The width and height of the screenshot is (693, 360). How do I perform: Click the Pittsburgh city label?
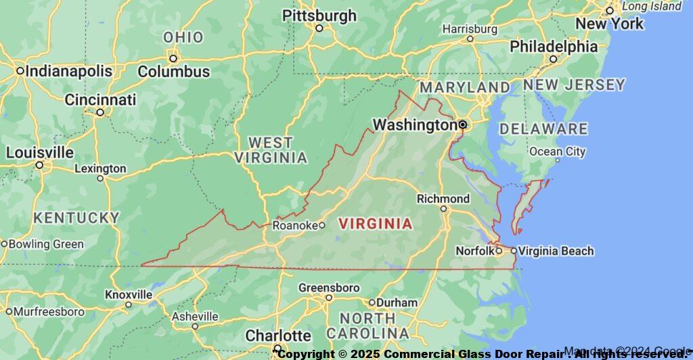pos(319,15)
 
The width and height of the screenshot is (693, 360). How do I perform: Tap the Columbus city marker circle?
pos(173,58)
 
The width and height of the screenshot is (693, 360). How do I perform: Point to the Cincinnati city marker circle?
pos(100,112)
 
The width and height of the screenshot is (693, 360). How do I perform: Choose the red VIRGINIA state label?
pos(375,223)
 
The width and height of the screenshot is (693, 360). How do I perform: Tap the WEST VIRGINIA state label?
pos(270,150)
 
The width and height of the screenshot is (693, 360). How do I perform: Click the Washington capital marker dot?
pos(463,125)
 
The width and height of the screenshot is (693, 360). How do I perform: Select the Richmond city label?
pos(443,198)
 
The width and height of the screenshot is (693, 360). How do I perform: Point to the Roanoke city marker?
pos(321,225)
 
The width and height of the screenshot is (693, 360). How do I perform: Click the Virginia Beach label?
pos(557,251)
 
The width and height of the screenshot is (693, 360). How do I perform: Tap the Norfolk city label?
pos(474,251)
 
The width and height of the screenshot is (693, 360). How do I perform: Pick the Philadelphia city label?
pos(554,47)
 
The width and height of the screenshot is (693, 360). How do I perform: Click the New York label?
pos(610,24)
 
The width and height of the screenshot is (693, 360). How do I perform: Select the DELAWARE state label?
pos(543,129)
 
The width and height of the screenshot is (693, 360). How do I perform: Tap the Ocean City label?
pos(558,152)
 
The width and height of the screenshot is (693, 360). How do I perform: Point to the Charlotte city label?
pos(278,336)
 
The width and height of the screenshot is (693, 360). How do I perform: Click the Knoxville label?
pos(129,294)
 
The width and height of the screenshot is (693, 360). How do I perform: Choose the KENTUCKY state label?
pos(76,218)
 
